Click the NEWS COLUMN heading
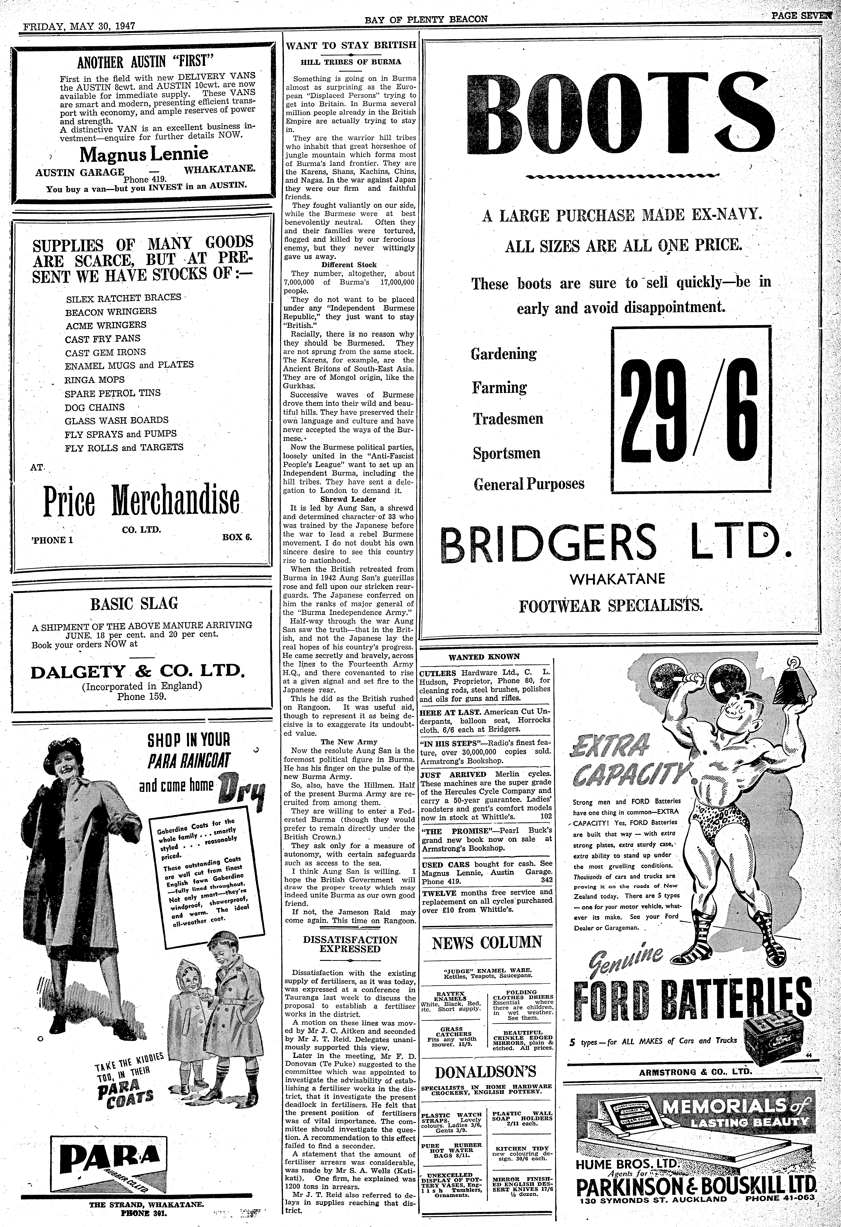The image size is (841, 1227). (x=487, y=942)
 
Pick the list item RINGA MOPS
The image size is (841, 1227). (x=95, y=380)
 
